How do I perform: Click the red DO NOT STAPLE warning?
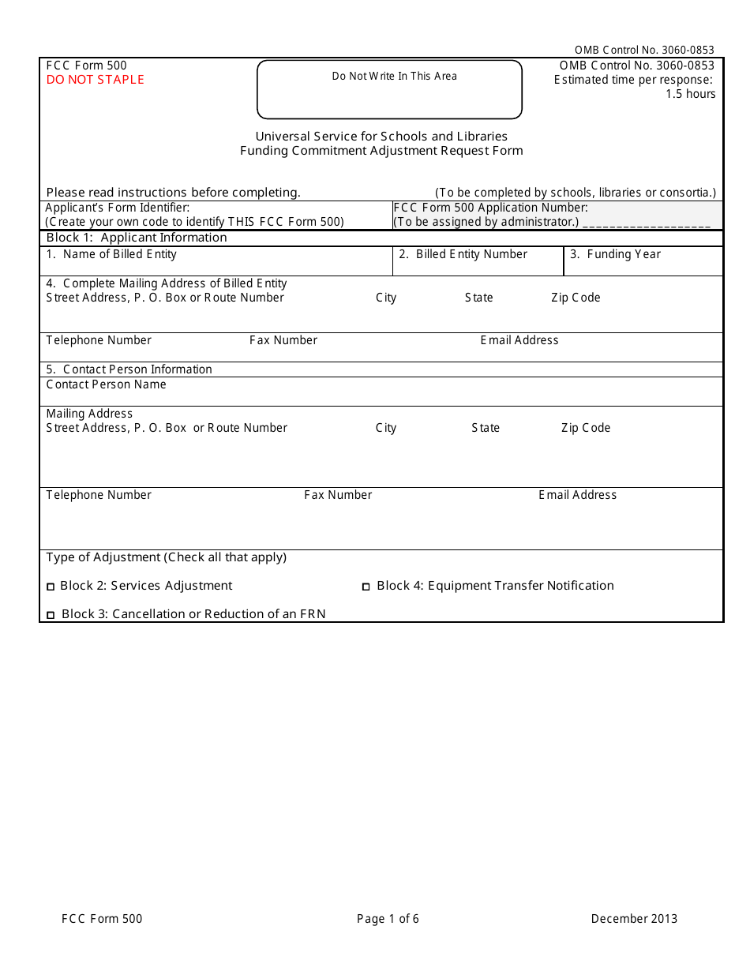click(x=95, y=80)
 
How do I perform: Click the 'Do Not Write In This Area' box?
click(x=390, y=89)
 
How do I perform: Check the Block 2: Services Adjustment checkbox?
click(x=51, y=587)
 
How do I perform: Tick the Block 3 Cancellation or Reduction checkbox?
click(x=51, y=615)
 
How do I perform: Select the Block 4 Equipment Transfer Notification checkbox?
click(x=366, y=587)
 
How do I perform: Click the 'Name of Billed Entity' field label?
click(x=111, y=254)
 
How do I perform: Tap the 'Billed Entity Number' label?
click(x=463, y=254)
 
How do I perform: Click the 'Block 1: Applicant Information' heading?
click(x=137, y=238)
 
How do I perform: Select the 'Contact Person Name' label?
click(x=106, y=384)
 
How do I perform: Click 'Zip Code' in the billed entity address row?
click(x=576, y=298)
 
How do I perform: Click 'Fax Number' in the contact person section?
click(x=338, y=495)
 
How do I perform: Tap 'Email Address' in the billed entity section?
click(x=519, y=340)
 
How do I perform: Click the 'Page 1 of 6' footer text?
click(x=388, y=918)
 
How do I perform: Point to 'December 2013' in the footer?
click(x=634, y=918)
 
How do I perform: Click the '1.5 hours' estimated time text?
click(x=690, y=94)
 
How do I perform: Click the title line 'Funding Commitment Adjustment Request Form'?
click(x=381, y=151)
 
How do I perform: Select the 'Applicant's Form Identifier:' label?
click(x=117, y=208)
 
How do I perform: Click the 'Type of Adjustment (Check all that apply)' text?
click(x=166, y=557)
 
